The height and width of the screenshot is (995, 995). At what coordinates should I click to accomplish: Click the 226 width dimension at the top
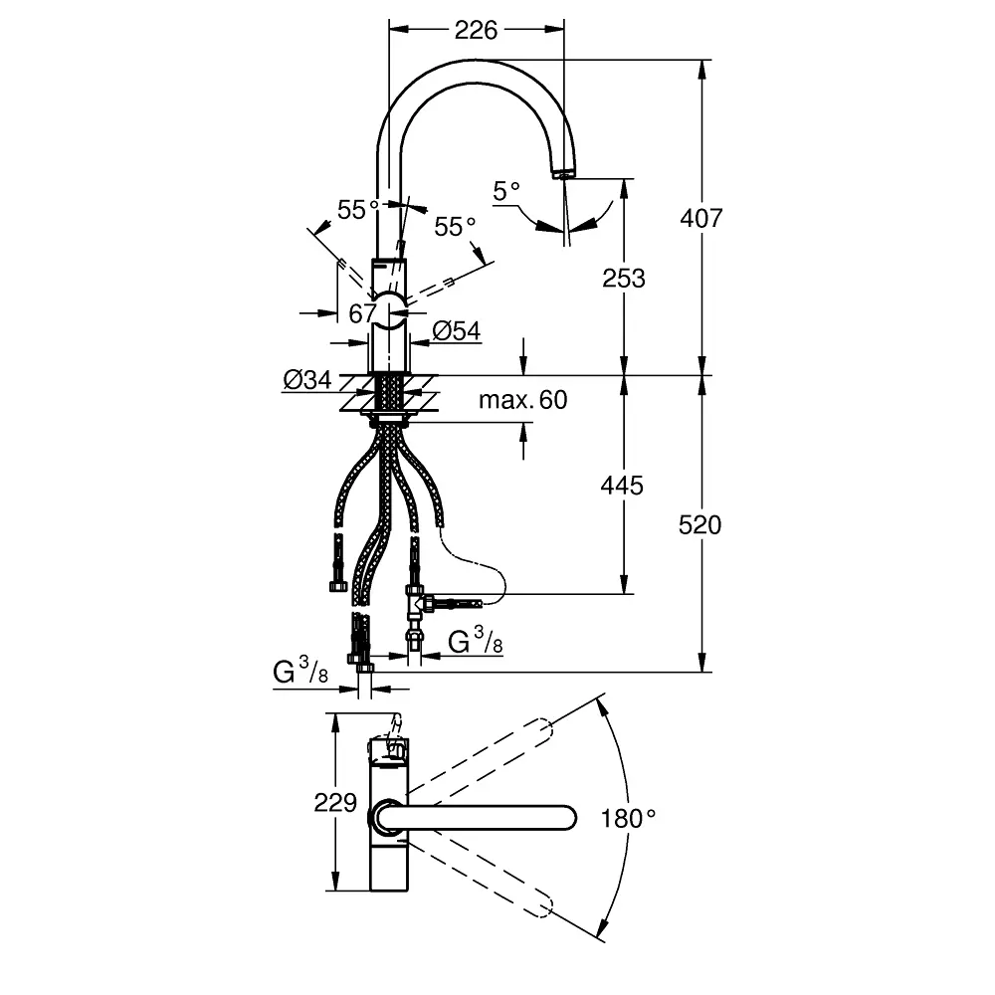[x=476, y=30]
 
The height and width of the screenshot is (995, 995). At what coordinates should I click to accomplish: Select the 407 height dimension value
[x=701, y=217]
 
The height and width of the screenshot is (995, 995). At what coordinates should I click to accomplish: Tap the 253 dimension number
[x=624, y=278]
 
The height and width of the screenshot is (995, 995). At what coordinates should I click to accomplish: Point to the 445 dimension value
[x=623, y=485]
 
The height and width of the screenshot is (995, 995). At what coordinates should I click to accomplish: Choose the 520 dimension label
[x=700, y=523]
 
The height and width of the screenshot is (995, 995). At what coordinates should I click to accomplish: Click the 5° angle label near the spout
[x=507, y=190]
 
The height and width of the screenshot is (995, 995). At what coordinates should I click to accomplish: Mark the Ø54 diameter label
[x=457, y=332]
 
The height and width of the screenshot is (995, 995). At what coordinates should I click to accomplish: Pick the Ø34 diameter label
[x=306, y=380]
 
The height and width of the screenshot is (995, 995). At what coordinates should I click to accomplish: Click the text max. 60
[x=522, y=400]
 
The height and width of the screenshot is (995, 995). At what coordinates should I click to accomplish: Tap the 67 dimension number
[x=362, y=312]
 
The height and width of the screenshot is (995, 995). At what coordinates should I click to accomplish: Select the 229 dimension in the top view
[x=335, y=802]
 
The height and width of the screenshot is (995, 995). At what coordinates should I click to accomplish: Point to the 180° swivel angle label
[x=629, y=819]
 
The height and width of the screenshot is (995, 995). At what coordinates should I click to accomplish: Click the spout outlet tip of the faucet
[x=562, y=174]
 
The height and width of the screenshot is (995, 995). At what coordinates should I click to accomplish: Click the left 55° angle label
[x=358, y=210]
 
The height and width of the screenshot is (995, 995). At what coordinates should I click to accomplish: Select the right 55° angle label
[x=456, y=227]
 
